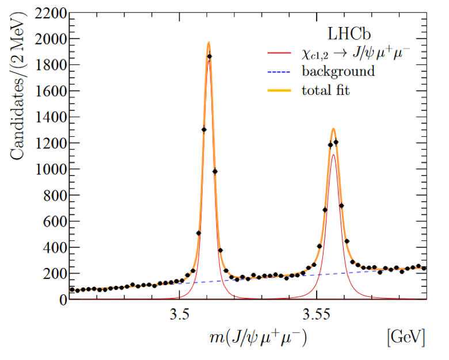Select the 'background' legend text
pos(338,71)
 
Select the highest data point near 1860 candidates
pos(210,56)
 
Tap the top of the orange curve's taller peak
pos(208,42)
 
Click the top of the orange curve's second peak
pos(333,129)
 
